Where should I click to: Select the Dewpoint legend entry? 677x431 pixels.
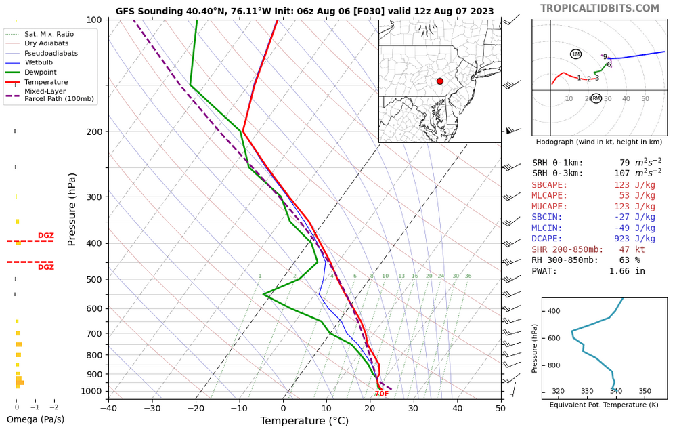41,73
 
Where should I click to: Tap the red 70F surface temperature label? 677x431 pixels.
382,394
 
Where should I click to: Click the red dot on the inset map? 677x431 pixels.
440,81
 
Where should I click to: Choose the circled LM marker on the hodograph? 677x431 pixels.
576,54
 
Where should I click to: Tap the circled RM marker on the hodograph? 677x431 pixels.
596,98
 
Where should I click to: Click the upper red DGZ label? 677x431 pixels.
46,236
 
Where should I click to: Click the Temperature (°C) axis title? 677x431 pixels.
304,422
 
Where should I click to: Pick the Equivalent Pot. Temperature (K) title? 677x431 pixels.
604,405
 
